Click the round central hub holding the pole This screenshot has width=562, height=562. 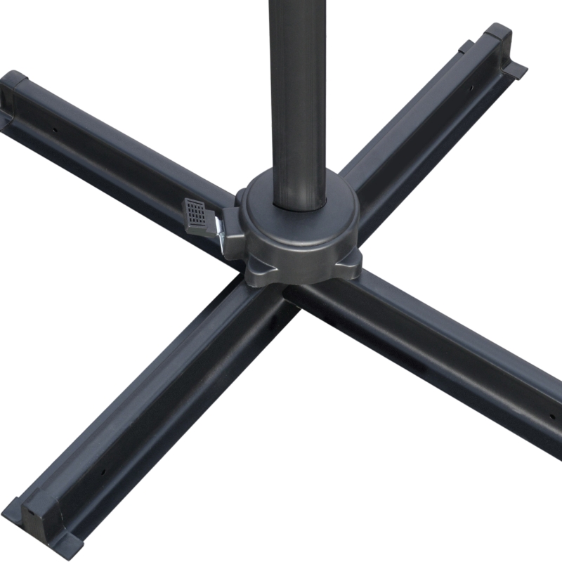click(299, 232)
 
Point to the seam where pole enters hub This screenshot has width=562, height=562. click(299, 205)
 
